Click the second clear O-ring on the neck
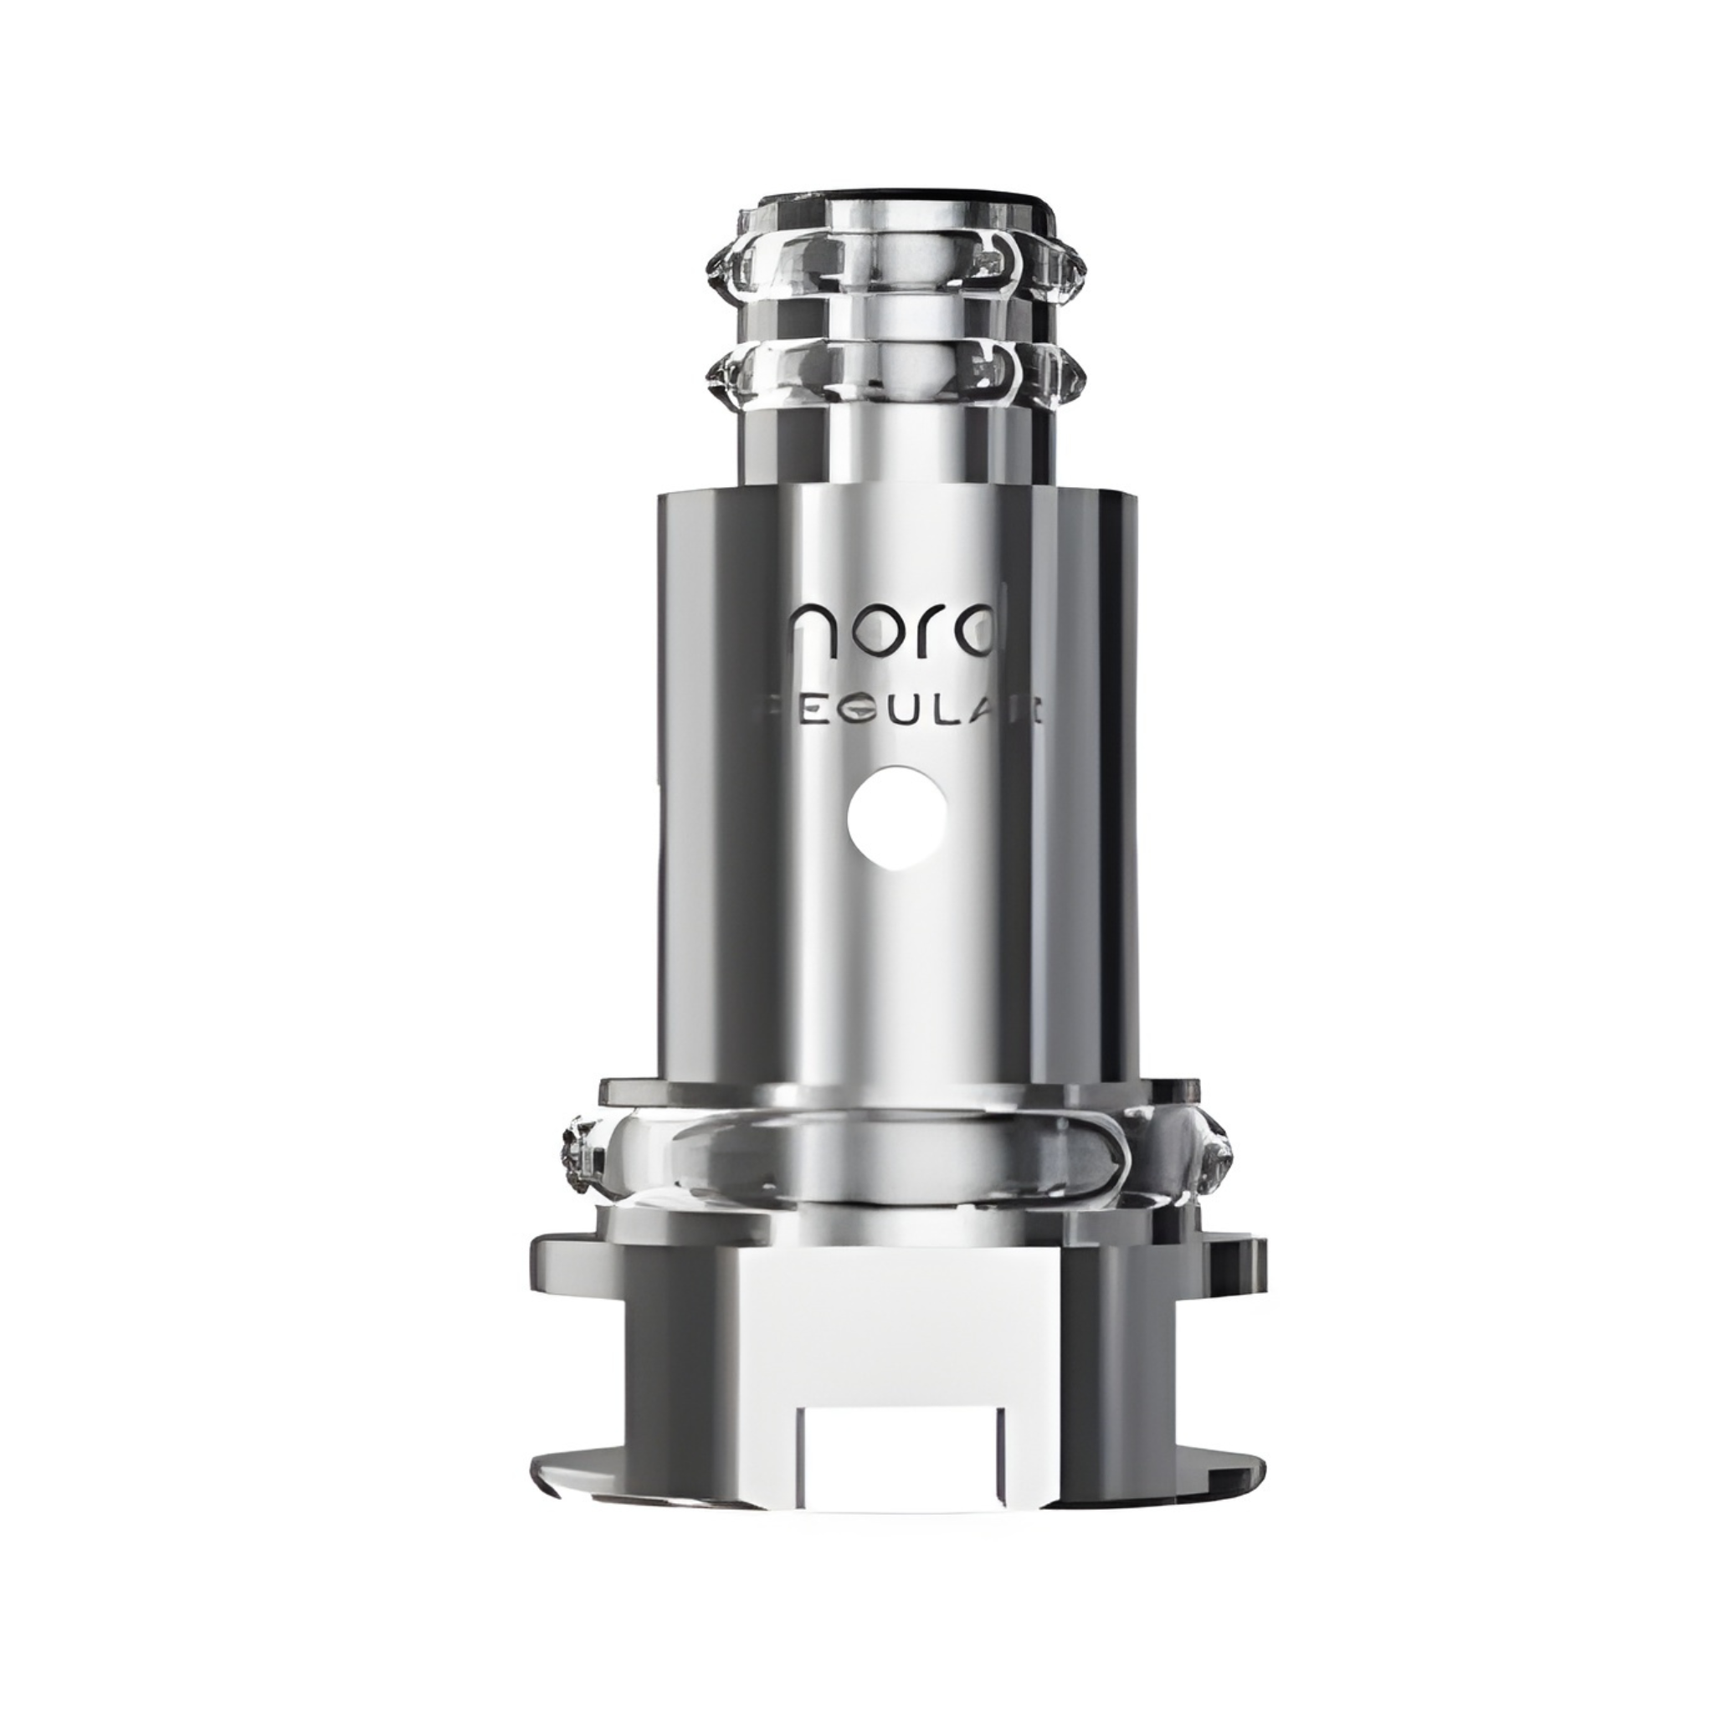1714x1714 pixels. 896,372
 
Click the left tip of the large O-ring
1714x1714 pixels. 573,1153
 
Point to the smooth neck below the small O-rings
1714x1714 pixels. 896,444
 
